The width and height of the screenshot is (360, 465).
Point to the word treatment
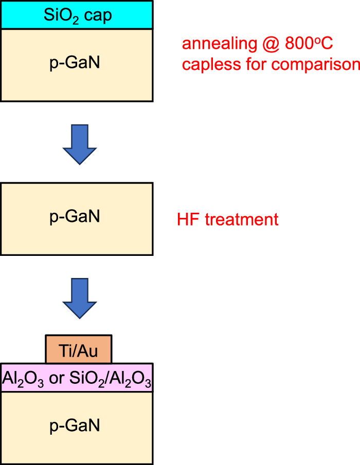pos(241,220)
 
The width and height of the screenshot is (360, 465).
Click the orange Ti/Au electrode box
pos(78,349)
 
